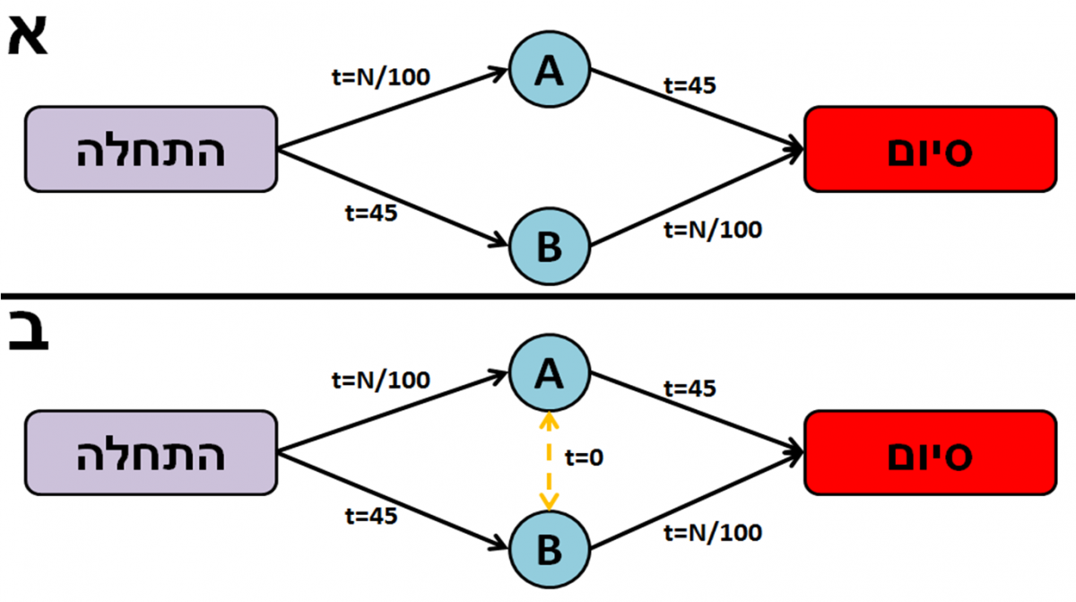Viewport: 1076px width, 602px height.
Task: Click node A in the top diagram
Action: [549, 71]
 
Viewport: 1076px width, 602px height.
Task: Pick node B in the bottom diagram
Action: [549, 548]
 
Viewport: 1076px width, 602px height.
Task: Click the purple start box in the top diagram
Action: [150, 149]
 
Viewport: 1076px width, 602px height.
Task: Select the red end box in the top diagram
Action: [930, 149]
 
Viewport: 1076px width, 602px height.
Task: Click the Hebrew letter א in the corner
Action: [28, 36]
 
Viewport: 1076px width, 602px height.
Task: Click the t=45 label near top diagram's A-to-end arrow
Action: [690, 86]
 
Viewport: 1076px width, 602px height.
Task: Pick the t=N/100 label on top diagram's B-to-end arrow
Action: [713, 230]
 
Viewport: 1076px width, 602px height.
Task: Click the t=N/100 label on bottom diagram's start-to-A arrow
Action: [380, 380]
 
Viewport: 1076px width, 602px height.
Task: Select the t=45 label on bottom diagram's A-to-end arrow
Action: [690, 389]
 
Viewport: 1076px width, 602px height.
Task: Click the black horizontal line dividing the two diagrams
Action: [538, 296]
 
